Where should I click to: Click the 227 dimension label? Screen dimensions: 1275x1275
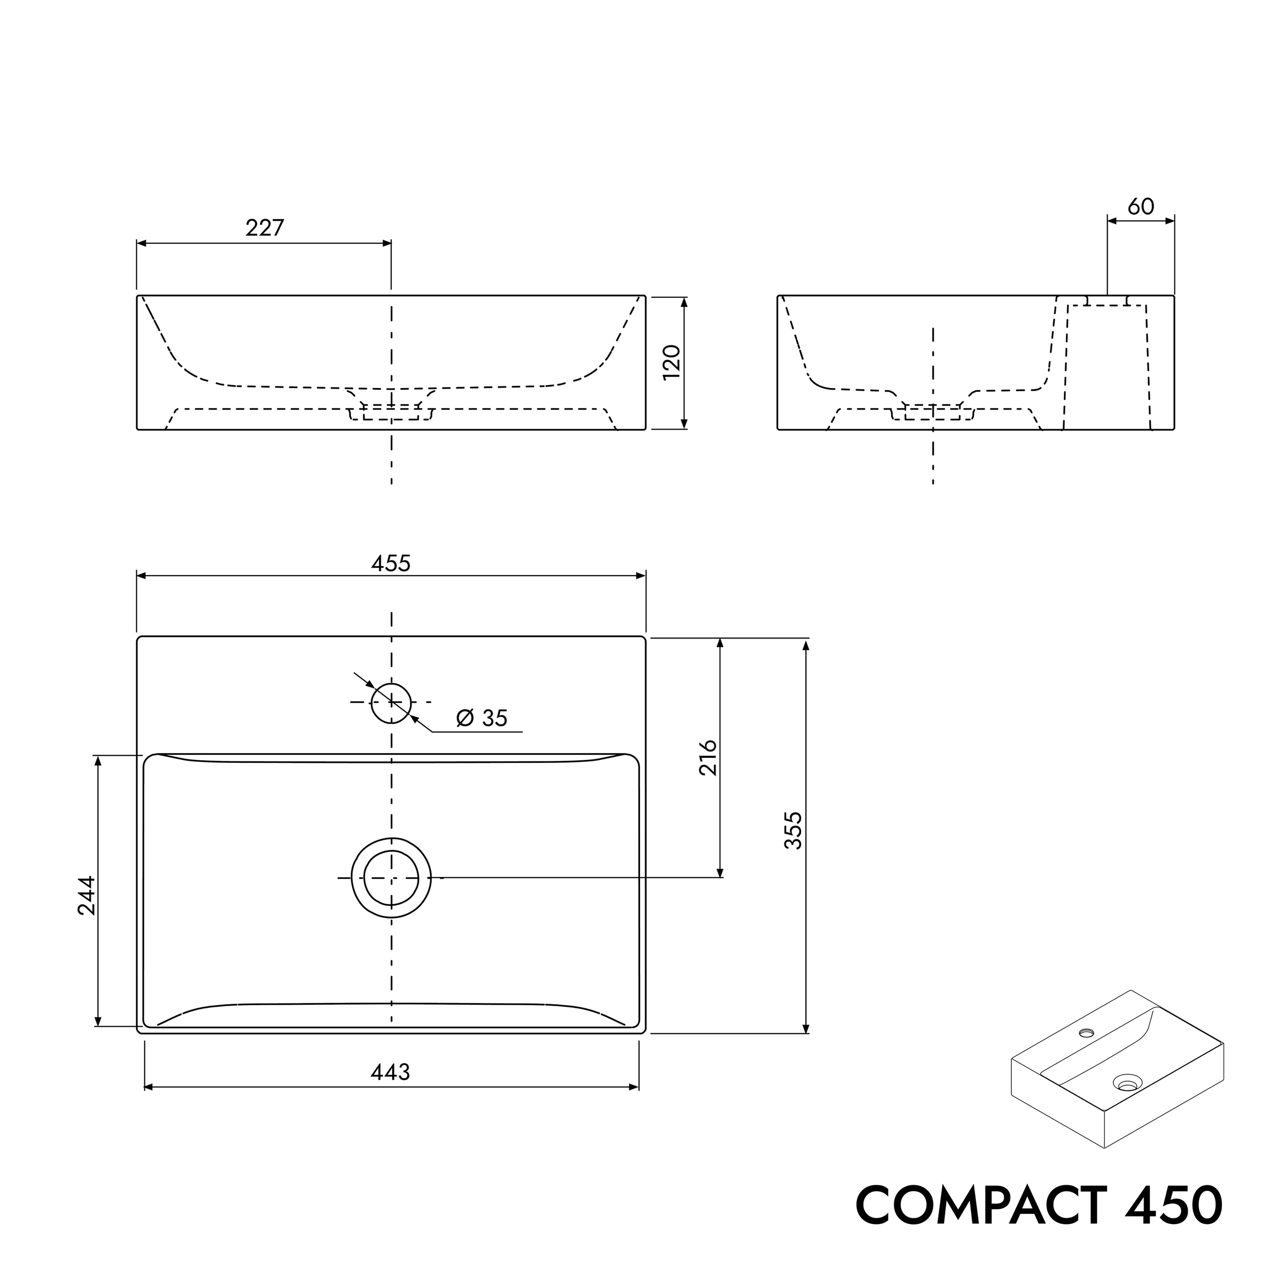pyautogui.click(x=265, y=227)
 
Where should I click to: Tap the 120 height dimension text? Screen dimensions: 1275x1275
pyautogui.click(x=671, y=362)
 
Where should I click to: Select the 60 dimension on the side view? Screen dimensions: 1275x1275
pyautogui.click(x=1140, y=207)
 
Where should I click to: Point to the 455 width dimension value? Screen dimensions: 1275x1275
pyautogui.click(x=391, y=563)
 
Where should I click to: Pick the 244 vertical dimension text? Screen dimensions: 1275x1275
pyautogui.click(x=87, y=896)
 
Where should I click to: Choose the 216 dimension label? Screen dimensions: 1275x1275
pyautogui.click(x=707, y=758)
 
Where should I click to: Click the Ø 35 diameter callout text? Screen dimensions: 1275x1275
pyautogui.click(x=482, y=718)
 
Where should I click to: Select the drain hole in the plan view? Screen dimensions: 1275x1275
pyautogui.click(x=391, y=878)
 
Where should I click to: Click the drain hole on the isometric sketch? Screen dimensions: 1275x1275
pyautogui.click(x=1127, y=1083)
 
